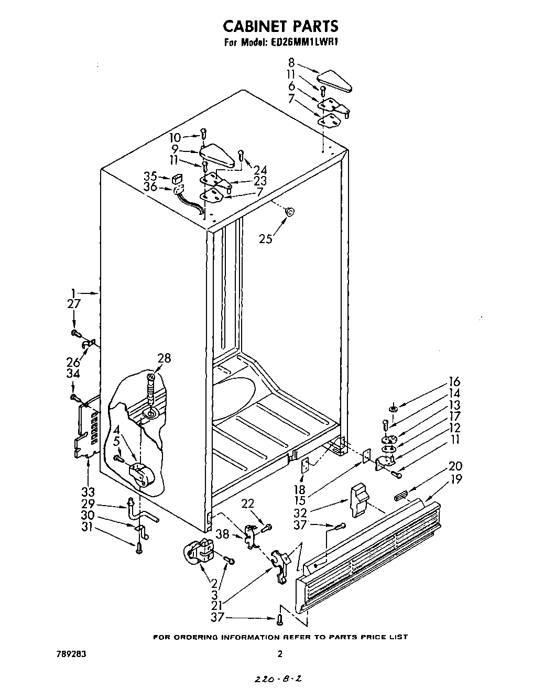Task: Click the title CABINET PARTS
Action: tap(280, 26)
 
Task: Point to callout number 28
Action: tap(164, 358)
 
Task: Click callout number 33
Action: tap(88, 492)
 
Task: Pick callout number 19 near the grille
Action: tap(456, 479)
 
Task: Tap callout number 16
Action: tap(454, 381)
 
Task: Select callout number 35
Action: tap(150, 176)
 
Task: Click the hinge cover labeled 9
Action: tap(217, 156)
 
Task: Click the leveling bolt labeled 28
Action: tap(151, 390)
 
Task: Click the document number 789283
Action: tap(70, 654)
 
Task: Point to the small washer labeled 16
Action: tap(393, 408)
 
